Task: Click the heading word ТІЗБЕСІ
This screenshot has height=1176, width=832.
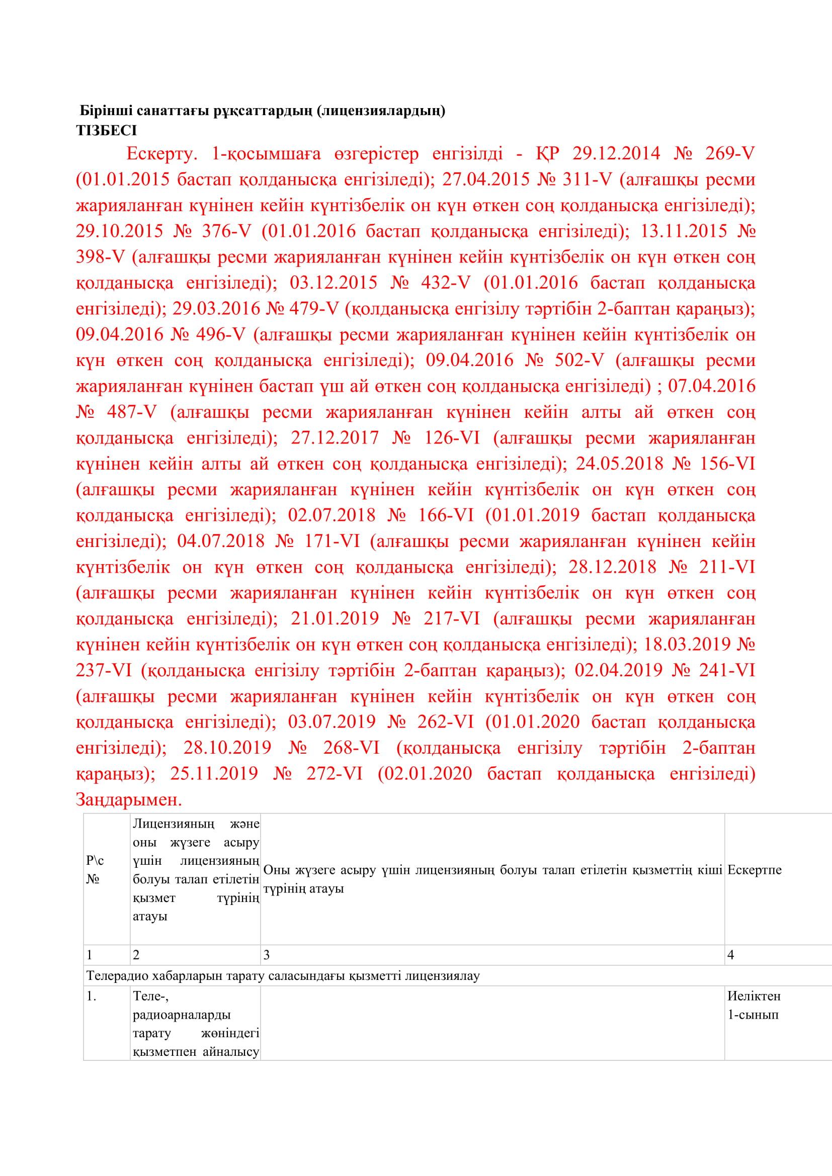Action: coord(107,131)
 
